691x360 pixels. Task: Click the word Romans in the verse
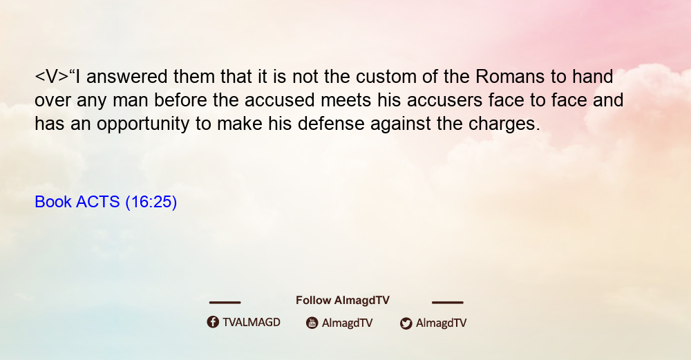[510, 77]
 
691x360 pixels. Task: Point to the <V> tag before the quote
[52, 77]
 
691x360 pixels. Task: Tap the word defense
[331, 124]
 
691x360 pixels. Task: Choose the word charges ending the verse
[504, 124]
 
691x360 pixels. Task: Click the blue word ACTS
[98, 202]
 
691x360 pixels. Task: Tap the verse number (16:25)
[151, 202]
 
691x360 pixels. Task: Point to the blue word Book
[53, 202]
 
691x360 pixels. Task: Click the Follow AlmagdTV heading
[343, 301]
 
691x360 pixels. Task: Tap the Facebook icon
[213, 322]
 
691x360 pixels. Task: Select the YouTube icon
[312, 323]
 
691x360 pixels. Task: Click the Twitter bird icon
[406, 323]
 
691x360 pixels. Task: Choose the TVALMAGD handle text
[252, 323]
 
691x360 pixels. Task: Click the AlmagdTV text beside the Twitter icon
[441, 323]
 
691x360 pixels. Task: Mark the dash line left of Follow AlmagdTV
[225, 303]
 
